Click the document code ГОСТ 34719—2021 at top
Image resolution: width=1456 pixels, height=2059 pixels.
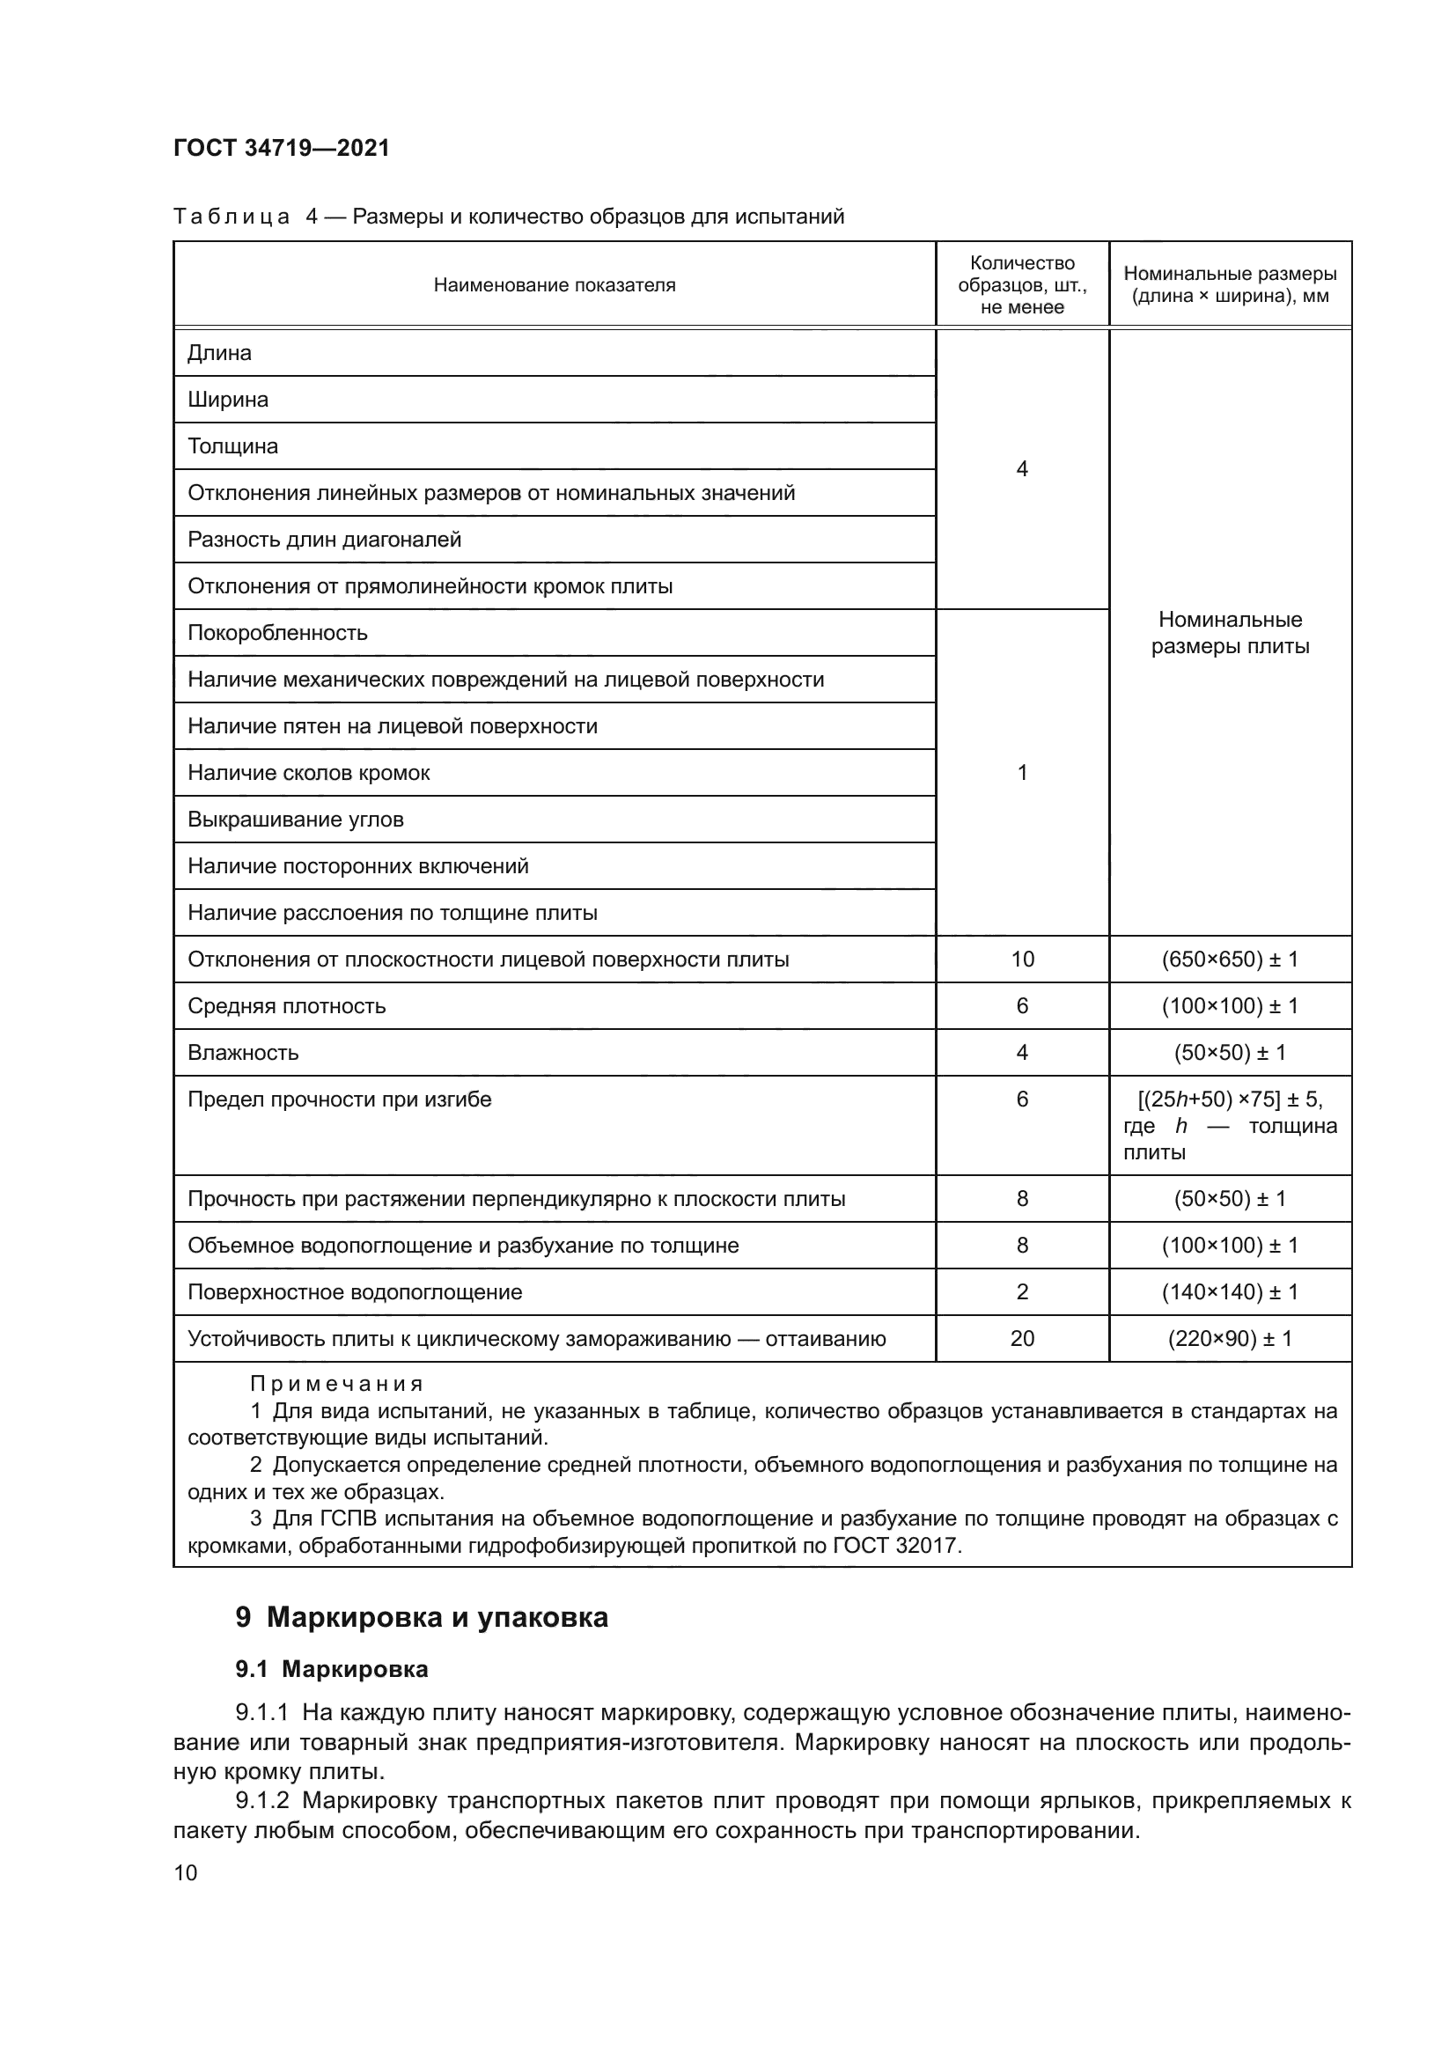click(282, 148)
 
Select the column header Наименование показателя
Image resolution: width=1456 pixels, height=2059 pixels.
click(554, 285)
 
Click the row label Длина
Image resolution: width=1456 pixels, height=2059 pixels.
click(220, 352)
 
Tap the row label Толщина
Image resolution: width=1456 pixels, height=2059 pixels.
click(233, 445)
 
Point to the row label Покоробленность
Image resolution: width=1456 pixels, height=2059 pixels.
click(278, 632)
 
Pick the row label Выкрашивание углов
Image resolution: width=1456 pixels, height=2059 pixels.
click(296, 819)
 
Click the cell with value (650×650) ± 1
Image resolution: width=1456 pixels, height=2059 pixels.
click(1230, 960)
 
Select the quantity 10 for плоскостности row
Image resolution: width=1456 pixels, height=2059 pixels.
click(1022, 960)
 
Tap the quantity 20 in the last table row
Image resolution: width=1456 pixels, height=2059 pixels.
click(1022, 1339)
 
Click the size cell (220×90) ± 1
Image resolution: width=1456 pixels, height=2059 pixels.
click(1230, 1339)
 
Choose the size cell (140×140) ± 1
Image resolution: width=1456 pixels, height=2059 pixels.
click(1230, 1292)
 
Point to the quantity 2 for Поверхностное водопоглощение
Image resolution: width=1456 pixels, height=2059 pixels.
click(1022, 1292)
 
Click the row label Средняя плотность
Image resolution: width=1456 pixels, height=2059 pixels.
click(287, 1006)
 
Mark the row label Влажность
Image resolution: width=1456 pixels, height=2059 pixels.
click(243, 1053)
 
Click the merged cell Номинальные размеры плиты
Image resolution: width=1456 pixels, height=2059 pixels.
click(1230, 632)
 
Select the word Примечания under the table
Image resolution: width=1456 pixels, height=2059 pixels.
click(336, 1384)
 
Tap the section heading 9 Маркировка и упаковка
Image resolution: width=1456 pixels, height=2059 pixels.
click(423, 1617)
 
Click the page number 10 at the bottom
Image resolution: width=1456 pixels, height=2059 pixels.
click(186, 1872)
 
